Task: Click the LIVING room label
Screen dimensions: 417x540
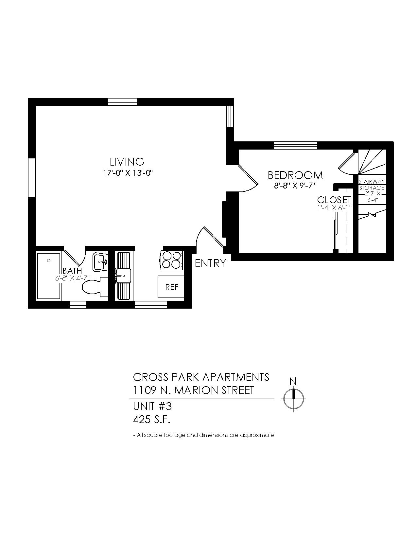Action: pos(127,162)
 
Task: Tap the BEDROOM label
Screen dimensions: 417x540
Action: pos(295,175)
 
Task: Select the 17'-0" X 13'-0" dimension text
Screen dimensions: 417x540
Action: pos(128,173)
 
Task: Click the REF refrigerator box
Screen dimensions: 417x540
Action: pos(171,287)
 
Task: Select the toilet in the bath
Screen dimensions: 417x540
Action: pos(95,287)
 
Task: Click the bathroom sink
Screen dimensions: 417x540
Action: pos(100,262)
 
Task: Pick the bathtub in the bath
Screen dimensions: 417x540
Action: pos(49,276)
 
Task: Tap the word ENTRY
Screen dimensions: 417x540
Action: pos(210,263)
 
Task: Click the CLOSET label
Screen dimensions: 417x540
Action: pos(334,200)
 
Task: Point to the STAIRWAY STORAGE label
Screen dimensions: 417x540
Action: pos(372,185)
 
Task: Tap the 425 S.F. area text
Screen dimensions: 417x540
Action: pos(151,420)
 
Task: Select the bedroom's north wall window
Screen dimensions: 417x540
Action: pos(295,145)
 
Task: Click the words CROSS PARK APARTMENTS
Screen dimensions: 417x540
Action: pos(201,377)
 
